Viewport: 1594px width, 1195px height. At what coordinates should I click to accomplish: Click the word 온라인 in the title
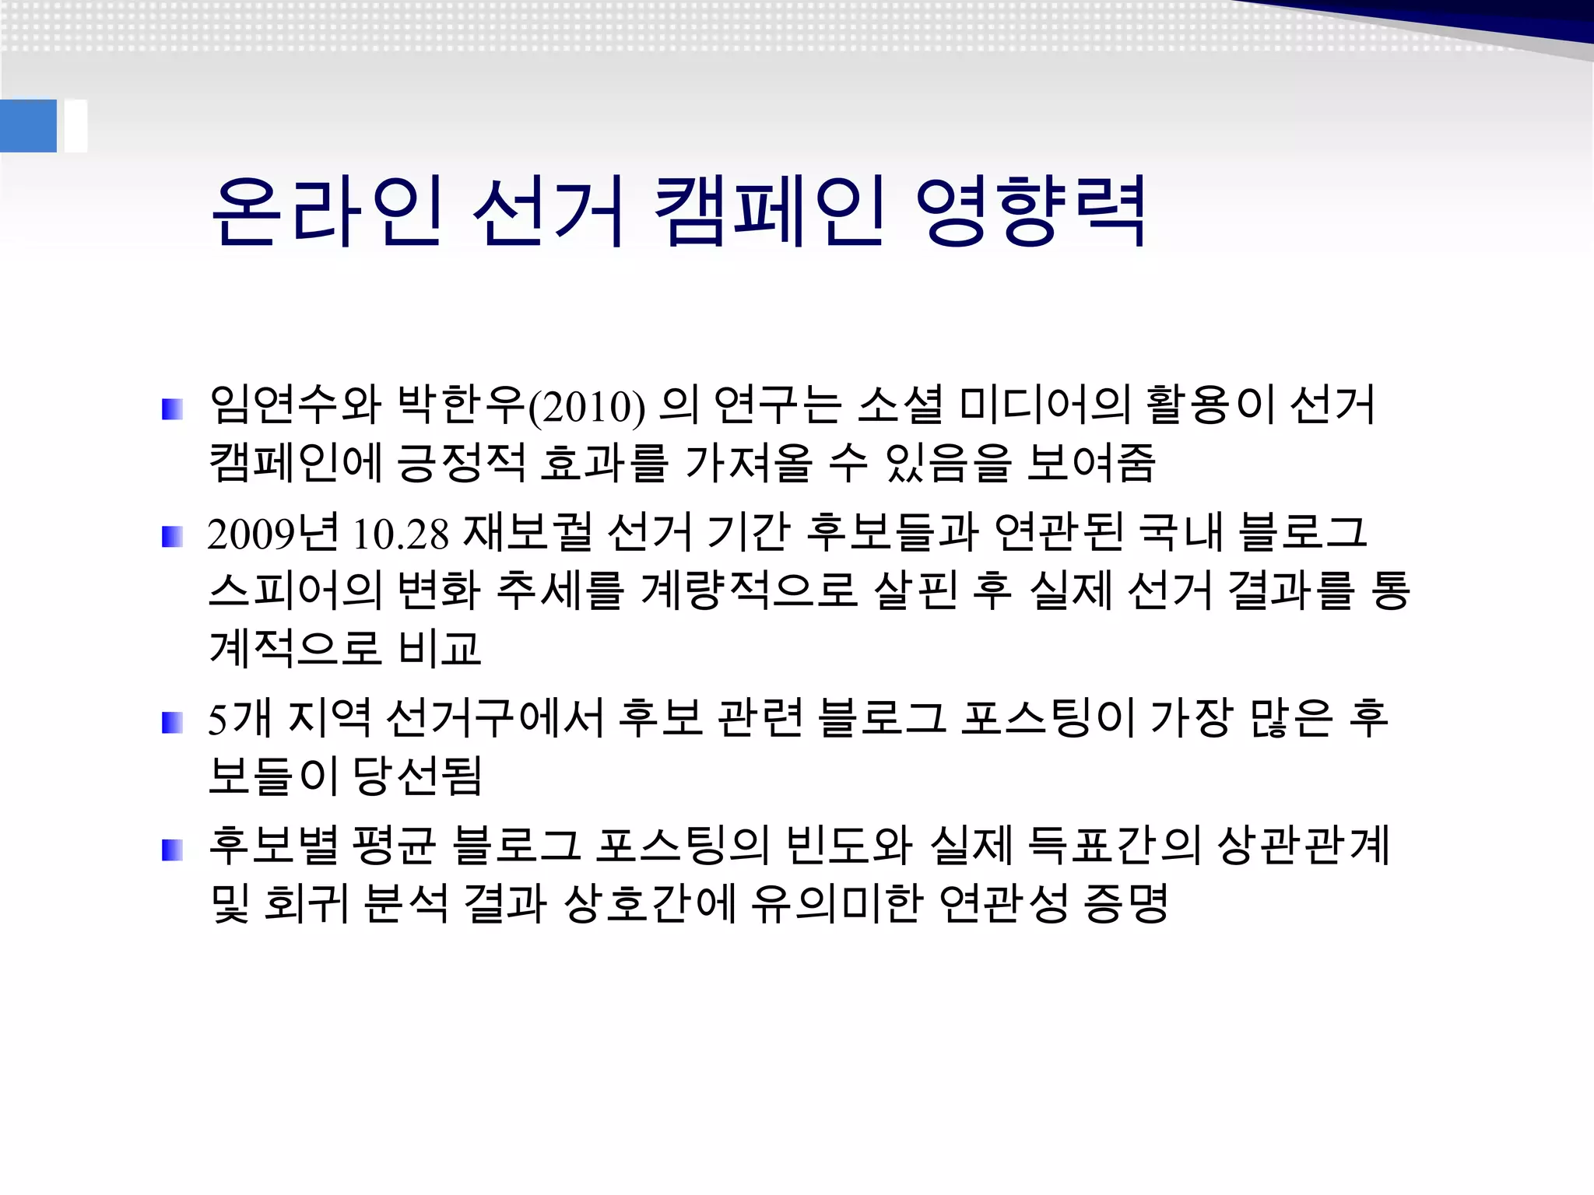coord(328,211)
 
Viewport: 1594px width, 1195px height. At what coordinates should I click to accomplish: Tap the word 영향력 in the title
coord(1030,211)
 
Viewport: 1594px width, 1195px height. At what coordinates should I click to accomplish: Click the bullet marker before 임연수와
coord(172,409)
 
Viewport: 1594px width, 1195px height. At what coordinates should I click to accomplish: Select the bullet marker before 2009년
coord(172,537)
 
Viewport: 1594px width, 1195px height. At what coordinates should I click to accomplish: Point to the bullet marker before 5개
coord(172,723)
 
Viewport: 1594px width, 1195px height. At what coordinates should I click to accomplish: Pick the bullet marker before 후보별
coord(172,850)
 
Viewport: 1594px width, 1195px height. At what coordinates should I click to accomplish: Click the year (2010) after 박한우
coord(587,407)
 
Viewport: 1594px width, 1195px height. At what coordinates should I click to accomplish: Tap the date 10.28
coord(401,534)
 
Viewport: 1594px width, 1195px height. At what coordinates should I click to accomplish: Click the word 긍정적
coord(461,463)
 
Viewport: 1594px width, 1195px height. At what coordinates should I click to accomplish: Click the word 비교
coord(440,648)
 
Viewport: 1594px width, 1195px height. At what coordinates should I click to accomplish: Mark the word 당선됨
coord(418,776)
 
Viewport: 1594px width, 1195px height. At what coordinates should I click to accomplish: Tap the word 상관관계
coord(1304,846)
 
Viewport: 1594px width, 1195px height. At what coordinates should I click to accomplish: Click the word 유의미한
coord(837,903)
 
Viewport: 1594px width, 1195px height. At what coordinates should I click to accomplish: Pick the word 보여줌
coord(1090,463)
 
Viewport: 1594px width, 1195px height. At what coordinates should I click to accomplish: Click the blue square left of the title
coord(28,125)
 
